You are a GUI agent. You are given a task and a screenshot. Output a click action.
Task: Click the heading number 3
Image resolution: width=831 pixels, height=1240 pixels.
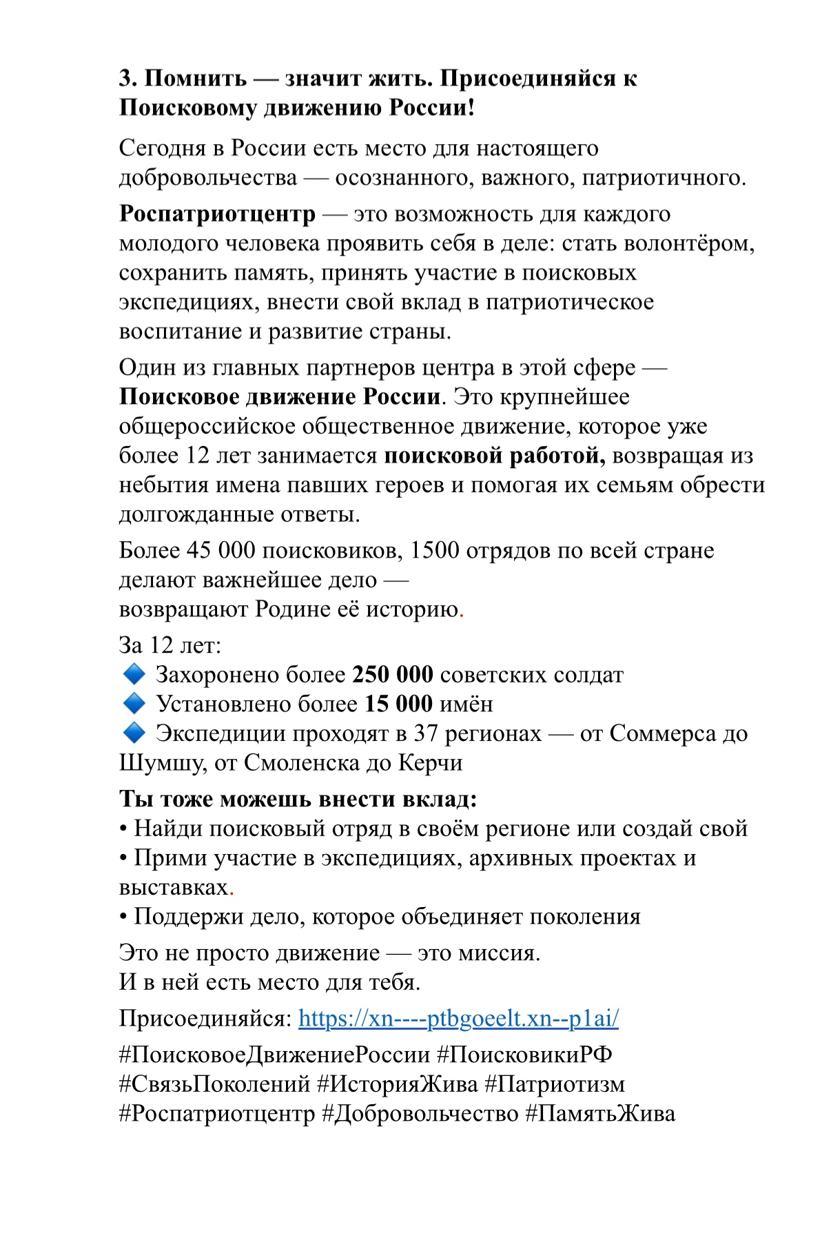126,79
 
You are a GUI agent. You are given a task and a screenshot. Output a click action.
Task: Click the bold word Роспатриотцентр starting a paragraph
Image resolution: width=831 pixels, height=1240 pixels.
217,214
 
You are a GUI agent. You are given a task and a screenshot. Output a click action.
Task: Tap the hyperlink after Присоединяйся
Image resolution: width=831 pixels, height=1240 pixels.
458,1019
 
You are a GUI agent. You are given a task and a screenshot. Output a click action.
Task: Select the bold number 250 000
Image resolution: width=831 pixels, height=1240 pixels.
393,674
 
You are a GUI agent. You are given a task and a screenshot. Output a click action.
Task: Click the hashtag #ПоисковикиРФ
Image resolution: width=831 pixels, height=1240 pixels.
524,1055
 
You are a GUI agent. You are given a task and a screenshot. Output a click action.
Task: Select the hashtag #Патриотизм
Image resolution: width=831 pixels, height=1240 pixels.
555,1084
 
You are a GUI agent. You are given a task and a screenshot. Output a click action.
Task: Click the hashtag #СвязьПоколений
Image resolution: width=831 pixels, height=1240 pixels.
214,1084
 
